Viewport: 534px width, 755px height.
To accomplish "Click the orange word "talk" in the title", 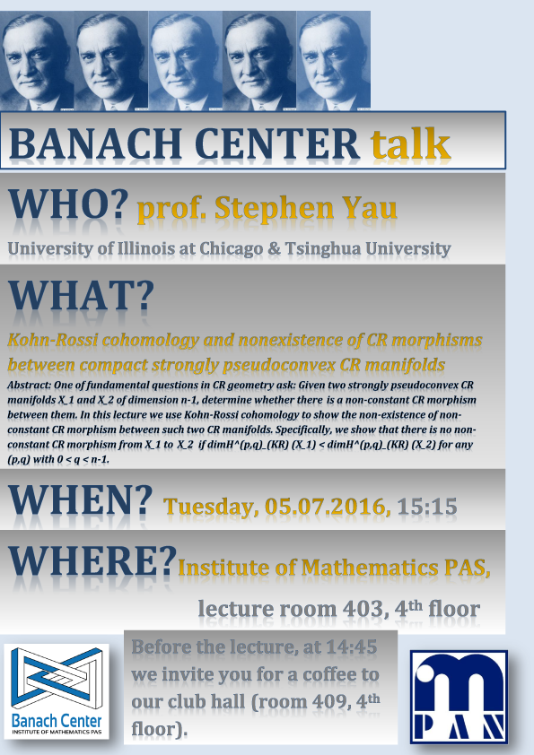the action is pyautogui.click(x=410, y=143).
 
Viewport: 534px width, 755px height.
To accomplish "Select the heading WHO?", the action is pyautogui.click(x=68, y=204).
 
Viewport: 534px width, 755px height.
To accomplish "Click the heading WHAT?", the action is pyautogui.click(x=81, y=295).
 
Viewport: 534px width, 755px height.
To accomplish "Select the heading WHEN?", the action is pyautogui.click(x=81, y=499).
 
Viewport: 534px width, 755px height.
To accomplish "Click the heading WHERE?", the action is pyautogui.click(x=92, y=560).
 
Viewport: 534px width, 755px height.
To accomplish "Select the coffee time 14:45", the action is pyautogui.click(x=351, y=647).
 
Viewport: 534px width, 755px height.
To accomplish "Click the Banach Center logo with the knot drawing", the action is pyautogui.click(x=57, y=691).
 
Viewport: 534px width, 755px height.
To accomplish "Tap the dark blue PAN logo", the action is pyautogui.click(x=459, y=697).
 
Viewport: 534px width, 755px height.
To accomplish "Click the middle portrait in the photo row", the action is pyautogui.click(x=186, y=61).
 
